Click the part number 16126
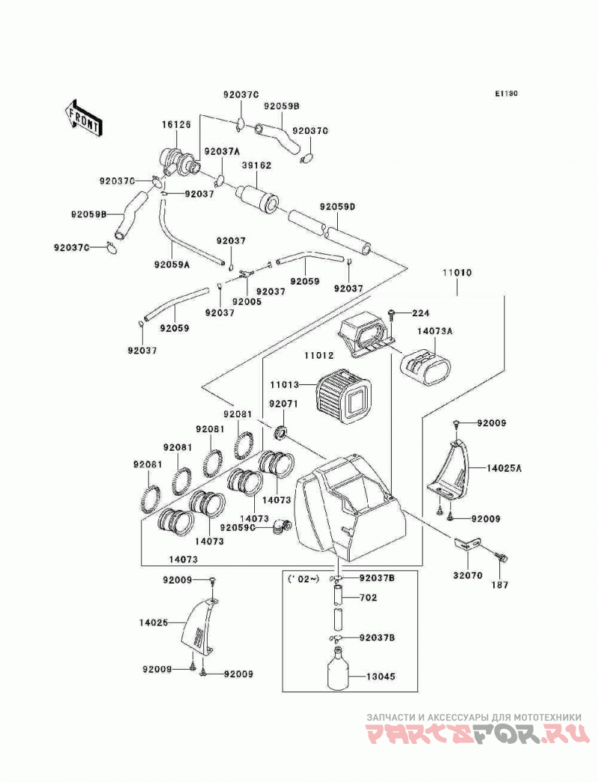(x=176, y=125)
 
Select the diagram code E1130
(x=506, y=93)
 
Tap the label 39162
(x=256, y=165)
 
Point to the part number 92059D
(x=337, y=206)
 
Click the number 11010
(x=457, y=273)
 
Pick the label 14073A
(x=435, y=330)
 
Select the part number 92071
(x=283, y=403)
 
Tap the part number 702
(x=368, y=597)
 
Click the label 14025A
(x=505, y=468)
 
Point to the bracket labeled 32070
(x=467, y=544)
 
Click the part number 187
(x=500, y=585)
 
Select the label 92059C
(x=238, y=527)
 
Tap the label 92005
(x=247, y=302)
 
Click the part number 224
(x=420, y=313)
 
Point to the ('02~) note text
(x=303, y=579)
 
